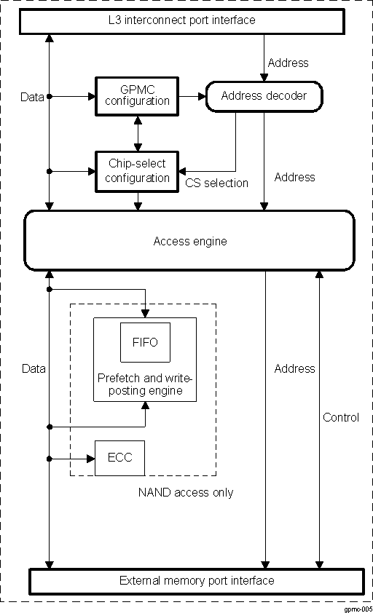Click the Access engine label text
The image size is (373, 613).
tap(189, 241)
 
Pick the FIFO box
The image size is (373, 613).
tap(145, 341)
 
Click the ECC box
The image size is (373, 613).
tap(119, 459)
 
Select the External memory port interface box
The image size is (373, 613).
tap(196, 581)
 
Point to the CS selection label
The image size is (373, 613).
tap(216, 183)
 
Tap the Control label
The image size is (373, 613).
tap(341, 417)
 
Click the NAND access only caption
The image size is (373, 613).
tap(186, 493)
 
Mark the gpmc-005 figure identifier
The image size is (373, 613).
tap(358, 607)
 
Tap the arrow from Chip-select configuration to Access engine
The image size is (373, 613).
tap(138, 202)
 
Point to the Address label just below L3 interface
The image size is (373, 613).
tap(288, 63)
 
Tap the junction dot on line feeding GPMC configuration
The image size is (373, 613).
tap(50, 95)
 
